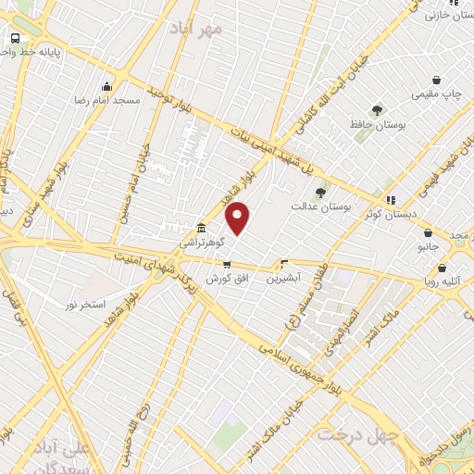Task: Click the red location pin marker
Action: click(239, 218)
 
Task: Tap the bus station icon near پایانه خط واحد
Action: click(16, 38)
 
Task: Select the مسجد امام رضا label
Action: click(107, 99)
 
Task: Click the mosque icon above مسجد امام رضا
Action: click(108, 86)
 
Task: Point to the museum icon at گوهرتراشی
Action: click(201, 228)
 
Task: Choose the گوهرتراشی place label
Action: click(201, 241)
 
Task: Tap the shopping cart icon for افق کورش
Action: click(227, 264)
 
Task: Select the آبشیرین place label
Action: click(284, 278)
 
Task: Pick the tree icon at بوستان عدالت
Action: click(320, 193)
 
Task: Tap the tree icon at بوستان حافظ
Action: click(376, 110)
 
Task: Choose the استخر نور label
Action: click(85, 304)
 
